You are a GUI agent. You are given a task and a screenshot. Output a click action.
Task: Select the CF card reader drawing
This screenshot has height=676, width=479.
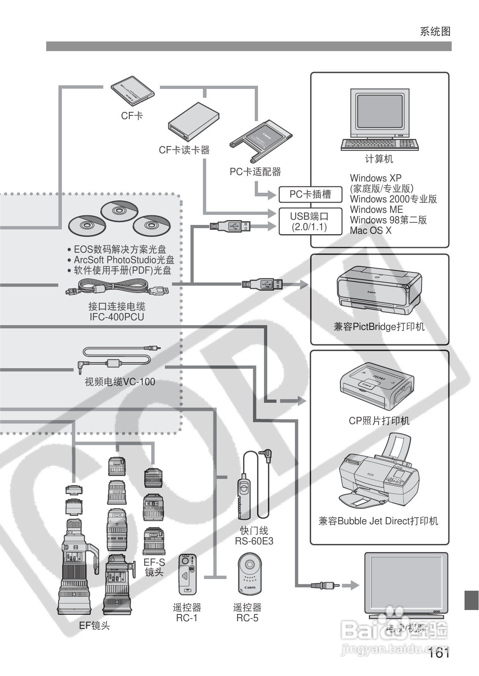[x=194, y=122]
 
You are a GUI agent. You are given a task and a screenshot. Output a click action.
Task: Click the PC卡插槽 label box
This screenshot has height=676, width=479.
[x=310, y=195]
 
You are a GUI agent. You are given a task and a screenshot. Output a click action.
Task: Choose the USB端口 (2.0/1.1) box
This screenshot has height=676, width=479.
[x=309, y=221]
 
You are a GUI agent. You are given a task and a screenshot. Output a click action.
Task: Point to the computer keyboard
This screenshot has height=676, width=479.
[x=379, y=144]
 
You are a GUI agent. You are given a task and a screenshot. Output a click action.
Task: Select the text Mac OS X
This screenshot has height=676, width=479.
[x=370, y=231]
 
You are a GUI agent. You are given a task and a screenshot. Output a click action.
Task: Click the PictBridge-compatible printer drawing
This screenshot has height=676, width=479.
[x=379, y=291]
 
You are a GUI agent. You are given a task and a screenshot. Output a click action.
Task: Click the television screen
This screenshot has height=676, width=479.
[x=405, y=582]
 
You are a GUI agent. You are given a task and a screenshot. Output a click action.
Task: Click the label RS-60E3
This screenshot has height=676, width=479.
[x=254, y=541]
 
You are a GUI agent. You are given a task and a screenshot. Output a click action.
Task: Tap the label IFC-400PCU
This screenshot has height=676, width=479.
[x=117, y=317]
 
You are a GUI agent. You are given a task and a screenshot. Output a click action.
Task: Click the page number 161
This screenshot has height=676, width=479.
[x=438, y=653]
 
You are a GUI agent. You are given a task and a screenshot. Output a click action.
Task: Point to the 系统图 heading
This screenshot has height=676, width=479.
[x=435, y=31]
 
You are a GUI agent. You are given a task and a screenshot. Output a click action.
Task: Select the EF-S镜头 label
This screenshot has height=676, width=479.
[x=154, y=567]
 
